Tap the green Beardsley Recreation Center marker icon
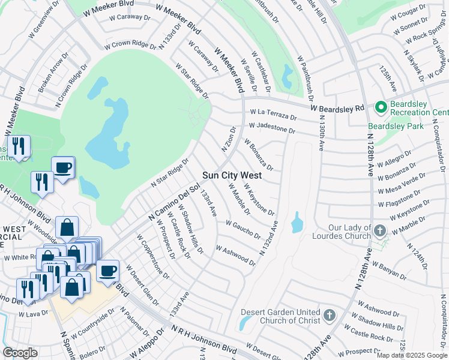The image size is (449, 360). point(380,108)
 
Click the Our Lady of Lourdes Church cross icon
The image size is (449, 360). point(379,231)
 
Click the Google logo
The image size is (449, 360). point(20,353)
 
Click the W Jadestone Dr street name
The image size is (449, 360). point(272,128)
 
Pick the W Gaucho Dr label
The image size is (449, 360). point(243,229)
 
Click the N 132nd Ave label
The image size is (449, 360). point(269,239)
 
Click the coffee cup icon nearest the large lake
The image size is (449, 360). point(62,167)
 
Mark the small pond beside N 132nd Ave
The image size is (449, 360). point(297,223)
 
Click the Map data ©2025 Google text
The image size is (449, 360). point(411,355)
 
